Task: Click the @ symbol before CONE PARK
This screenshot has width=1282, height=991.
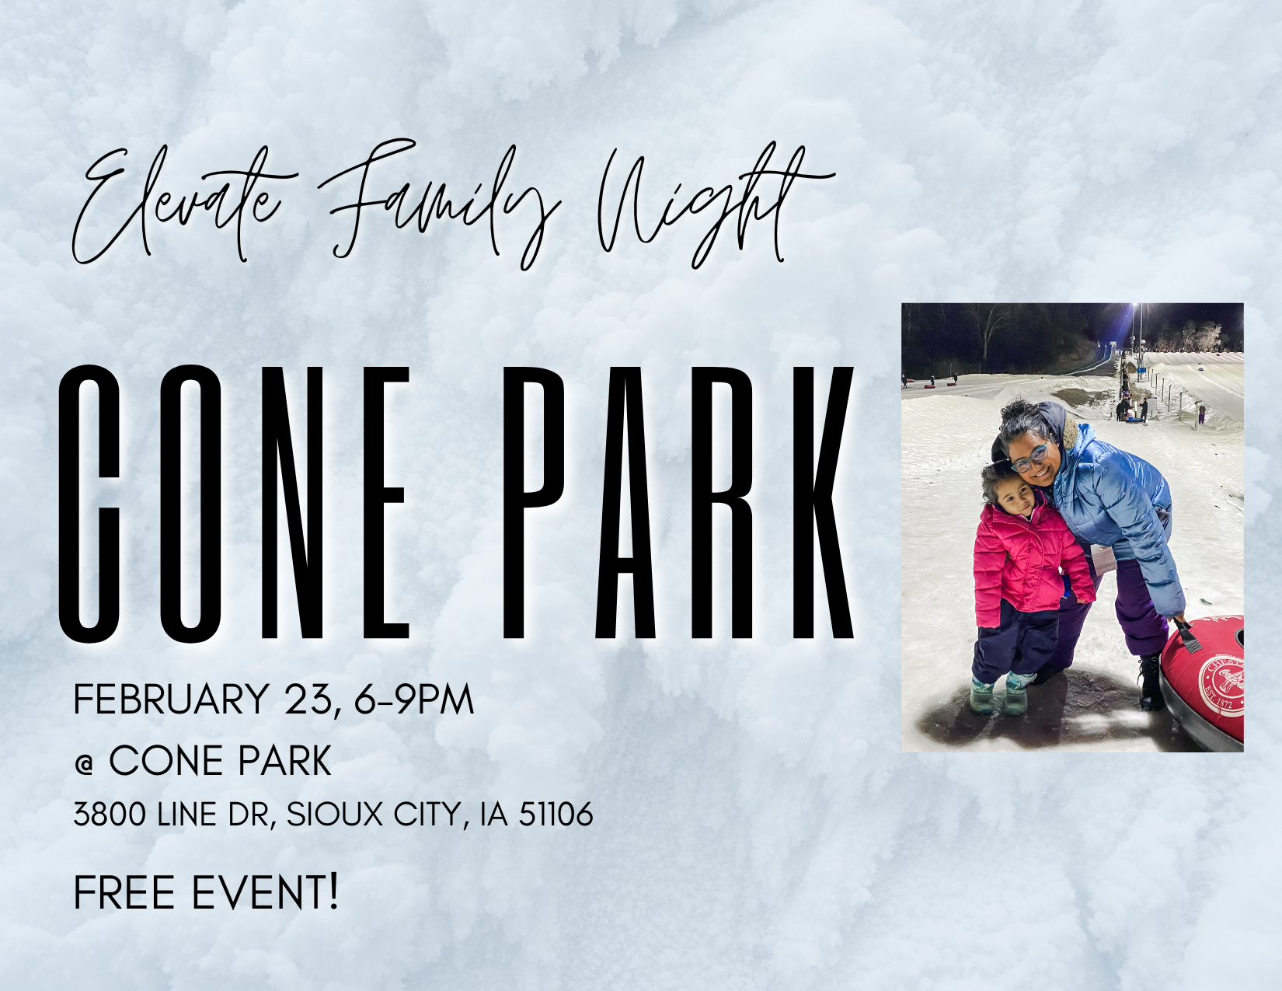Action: point(85,763)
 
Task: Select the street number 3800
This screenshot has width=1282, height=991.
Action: point(110,815)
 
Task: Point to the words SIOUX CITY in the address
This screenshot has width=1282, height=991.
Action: point(373,815)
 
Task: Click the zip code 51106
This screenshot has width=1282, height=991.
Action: point(556,815)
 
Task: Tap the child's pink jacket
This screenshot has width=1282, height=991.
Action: point(1026,560)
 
